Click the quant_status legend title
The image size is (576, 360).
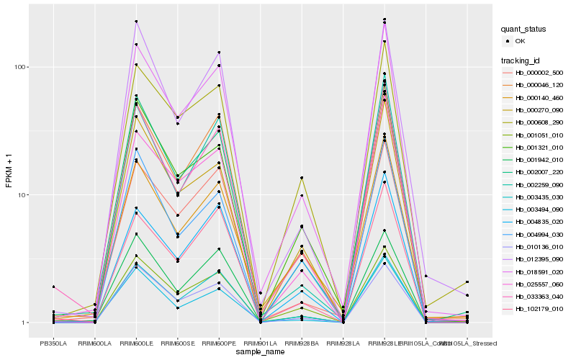point(525,30)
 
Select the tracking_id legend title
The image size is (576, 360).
point(523,60)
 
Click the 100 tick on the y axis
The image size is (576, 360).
point(22,67)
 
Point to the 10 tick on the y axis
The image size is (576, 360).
point(24,195)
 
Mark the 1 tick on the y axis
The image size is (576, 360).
point(25,323)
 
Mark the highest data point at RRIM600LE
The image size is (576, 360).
point(135,22)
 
